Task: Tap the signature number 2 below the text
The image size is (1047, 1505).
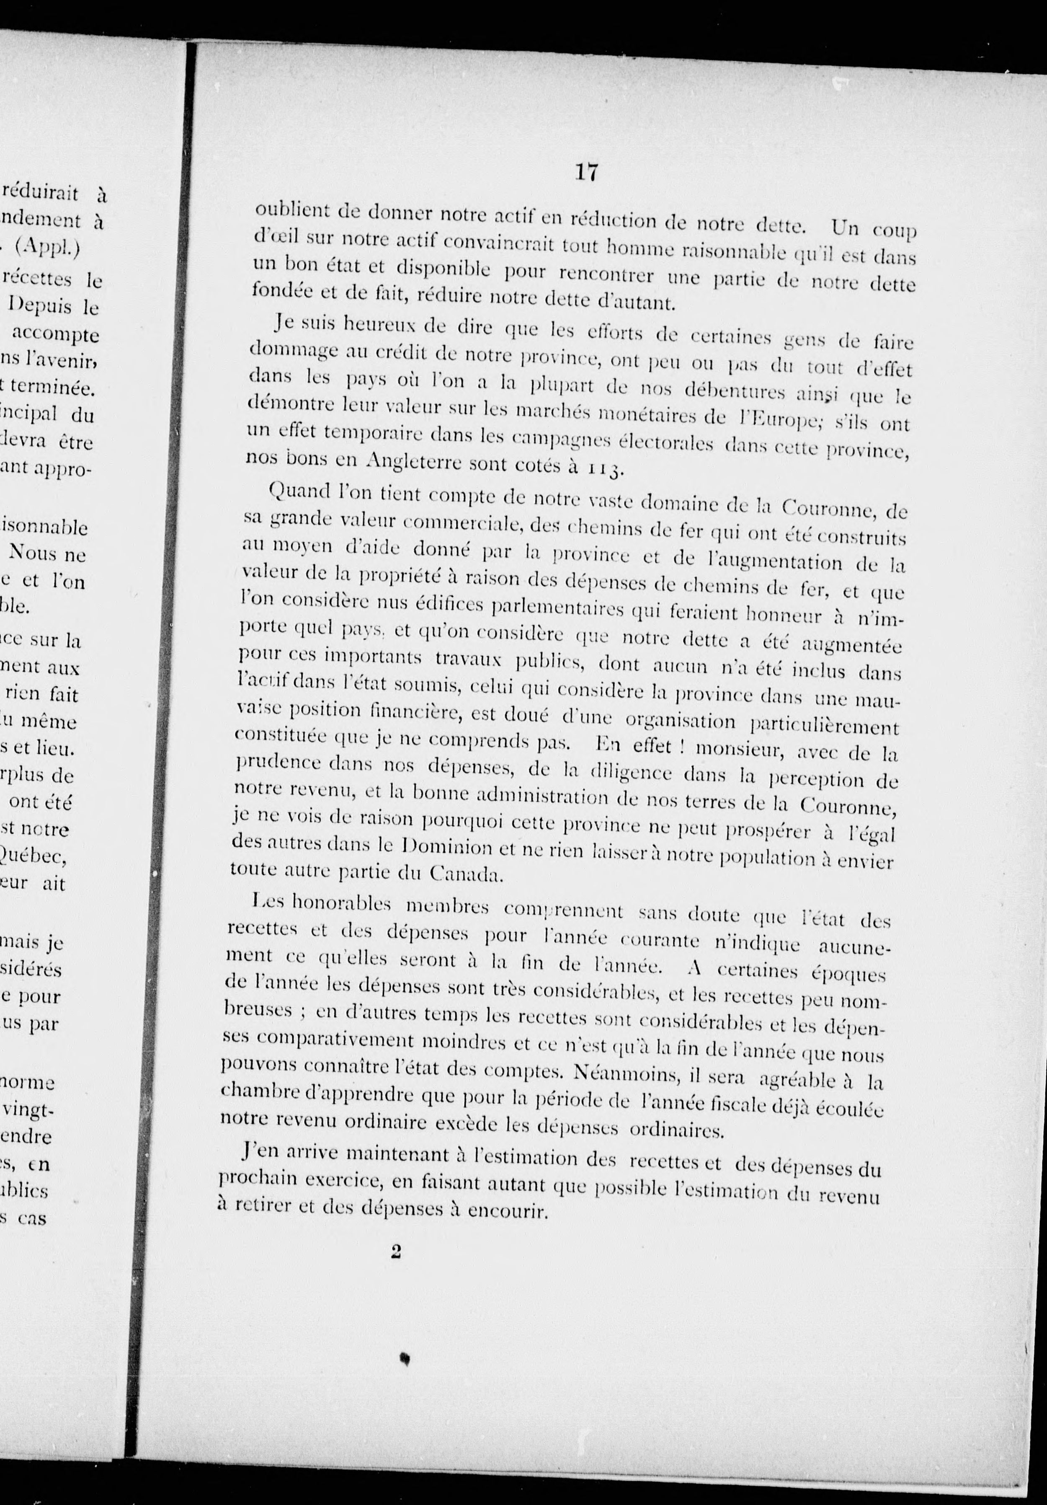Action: pos(395,1252)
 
